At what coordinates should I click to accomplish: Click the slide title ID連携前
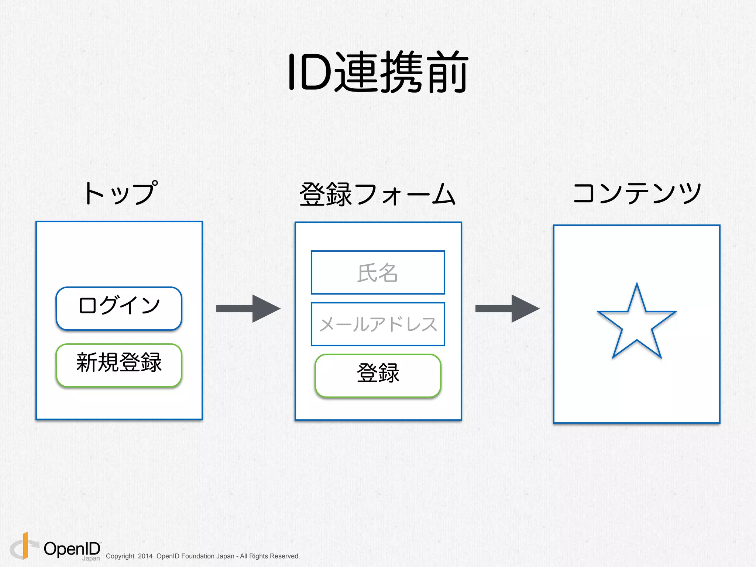point(378,72)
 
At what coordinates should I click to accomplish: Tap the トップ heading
point(120,193)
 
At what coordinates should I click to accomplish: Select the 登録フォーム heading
point(377,194)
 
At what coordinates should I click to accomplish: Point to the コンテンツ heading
point(637,193)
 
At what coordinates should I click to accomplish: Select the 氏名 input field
point(378,272)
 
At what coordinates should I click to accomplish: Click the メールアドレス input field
point(378,324)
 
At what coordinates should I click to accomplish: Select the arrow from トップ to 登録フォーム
point(248,309)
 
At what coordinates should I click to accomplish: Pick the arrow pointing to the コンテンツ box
point(507,309)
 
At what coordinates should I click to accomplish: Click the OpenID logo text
point(72,549)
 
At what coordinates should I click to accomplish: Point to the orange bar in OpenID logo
point(25,545)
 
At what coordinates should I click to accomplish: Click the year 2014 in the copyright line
point(145,556)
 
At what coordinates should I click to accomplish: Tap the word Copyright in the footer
point(120,556)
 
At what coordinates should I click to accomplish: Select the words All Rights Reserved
point(269,556)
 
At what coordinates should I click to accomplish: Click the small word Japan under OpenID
point(91,559)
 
